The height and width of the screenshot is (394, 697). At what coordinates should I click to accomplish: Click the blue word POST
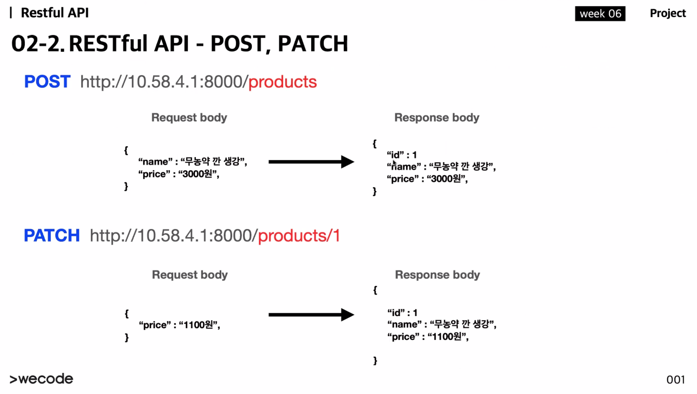47,81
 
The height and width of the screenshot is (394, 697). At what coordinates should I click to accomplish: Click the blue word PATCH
51,235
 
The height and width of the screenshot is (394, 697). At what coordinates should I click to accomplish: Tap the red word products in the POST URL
282,82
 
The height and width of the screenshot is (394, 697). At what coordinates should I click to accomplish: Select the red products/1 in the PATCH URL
299,236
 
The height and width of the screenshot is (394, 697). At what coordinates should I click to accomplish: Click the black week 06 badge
600,13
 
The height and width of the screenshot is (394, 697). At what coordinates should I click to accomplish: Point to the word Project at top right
668,13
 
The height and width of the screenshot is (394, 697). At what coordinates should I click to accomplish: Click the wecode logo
41,379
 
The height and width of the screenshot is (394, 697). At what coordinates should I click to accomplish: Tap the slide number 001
675,380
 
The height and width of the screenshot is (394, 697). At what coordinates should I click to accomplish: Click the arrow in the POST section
311,162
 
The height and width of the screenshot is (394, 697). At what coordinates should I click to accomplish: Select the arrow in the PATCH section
311,315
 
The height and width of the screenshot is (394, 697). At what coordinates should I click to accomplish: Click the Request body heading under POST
189,117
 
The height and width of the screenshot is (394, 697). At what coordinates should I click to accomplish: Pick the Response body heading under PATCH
437,275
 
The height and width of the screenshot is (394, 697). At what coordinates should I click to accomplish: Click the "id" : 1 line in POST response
402,155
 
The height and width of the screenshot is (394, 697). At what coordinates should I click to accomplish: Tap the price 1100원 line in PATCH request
179,325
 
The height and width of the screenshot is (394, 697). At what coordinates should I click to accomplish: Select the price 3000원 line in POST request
178,174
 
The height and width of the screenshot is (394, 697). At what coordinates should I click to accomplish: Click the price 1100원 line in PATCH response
428,337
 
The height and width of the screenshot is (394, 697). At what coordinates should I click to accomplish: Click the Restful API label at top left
55,13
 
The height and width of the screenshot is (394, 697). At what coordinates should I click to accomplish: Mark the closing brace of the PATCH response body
375,360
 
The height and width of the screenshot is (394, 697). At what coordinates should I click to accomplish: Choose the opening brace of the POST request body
126,150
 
